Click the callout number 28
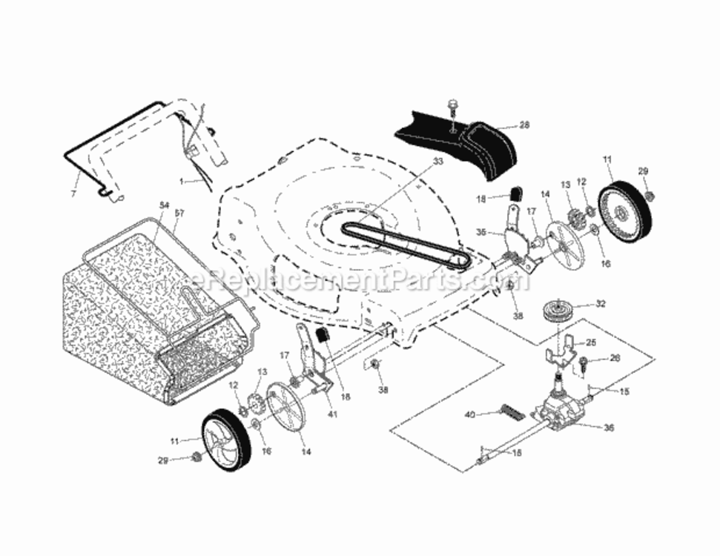tap(524, 125)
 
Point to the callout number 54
tap(164, 205)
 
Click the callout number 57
tap(179, 213)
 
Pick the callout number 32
tap(601, 303)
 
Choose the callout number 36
tap(610, 427)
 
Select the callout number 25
tap(591, 342)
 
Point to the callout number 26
tap(613, 358)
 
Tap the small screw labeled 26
tap(585, 363)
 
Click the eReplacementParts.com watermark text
tap(360, 281)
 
